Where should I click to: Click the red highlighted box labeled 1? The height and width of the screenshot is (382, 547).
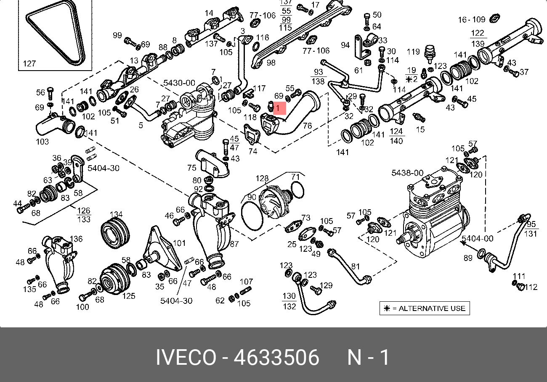point(279,108)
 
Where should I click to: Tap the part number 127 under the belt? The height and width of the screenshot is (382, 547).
point(29,64)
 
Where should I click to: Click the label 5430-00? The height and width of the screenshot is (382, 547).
point(179,83)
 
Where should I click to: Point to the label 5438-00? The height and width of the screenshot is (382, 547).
point(407,173)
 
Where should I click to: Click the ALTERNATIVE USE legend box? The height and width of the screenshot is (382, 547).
point(424,308)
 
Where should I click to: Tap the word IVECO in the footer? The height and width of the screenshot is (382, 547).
point(186,358)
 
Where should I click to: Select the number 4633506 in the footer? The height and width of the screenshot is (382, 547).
point(276,358)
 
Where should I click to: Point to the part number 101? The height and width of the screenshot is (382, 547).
point(179,243)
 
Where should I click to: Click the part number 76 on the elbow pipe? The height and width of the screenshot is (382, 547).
point(307,125)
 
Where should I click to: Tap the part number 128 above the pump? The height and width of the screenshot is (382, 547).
point(262,179)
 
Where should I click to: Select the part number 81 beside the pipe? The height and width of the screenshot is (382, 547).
point(356,266)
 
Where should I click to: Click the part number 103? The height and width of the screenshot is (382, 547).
point(42,142)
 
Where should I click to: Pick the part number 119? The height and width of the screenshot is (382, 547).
point(413,52)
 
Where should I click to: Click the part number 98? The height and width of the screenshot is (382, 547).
point(271,63)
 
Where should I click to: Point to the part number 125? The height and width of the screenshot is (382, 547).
point(129,296)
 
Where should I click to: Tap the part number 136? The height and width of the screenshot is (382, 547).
point(76,239)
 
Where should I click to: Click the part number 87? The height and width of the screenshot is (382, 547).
point(234,244)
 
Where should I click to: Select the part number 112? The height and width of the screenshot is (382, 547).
point(531,287)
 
